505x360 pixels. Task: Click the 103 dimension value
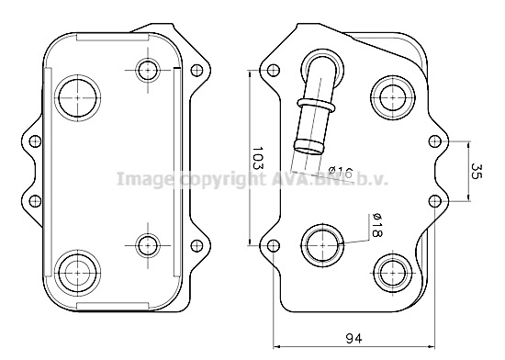[x=258, y=158]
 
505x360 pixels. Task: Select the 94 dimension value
[x=353, y=339]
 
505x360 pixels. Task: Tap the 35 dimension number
[x=477, y=171]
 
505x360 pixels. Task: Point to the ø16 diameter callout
[x=341, y=173]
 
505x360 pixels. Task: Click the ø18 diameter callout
[x=376, y=225]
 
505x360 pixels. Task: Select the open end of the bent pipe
[x=309, y=148]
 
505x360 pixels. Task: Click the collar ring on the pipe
[x=316, y=104]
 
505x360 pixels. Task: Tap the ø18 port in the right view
[x=322, y=245]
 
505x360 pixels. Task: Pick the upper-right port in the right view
[x=393, y=96]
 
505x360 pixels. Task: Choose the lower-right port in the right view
[x=393, y=273]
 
